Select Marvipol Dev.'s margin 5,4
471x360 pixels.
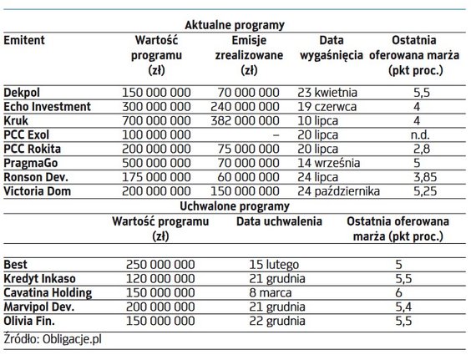tap(398, 303)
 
